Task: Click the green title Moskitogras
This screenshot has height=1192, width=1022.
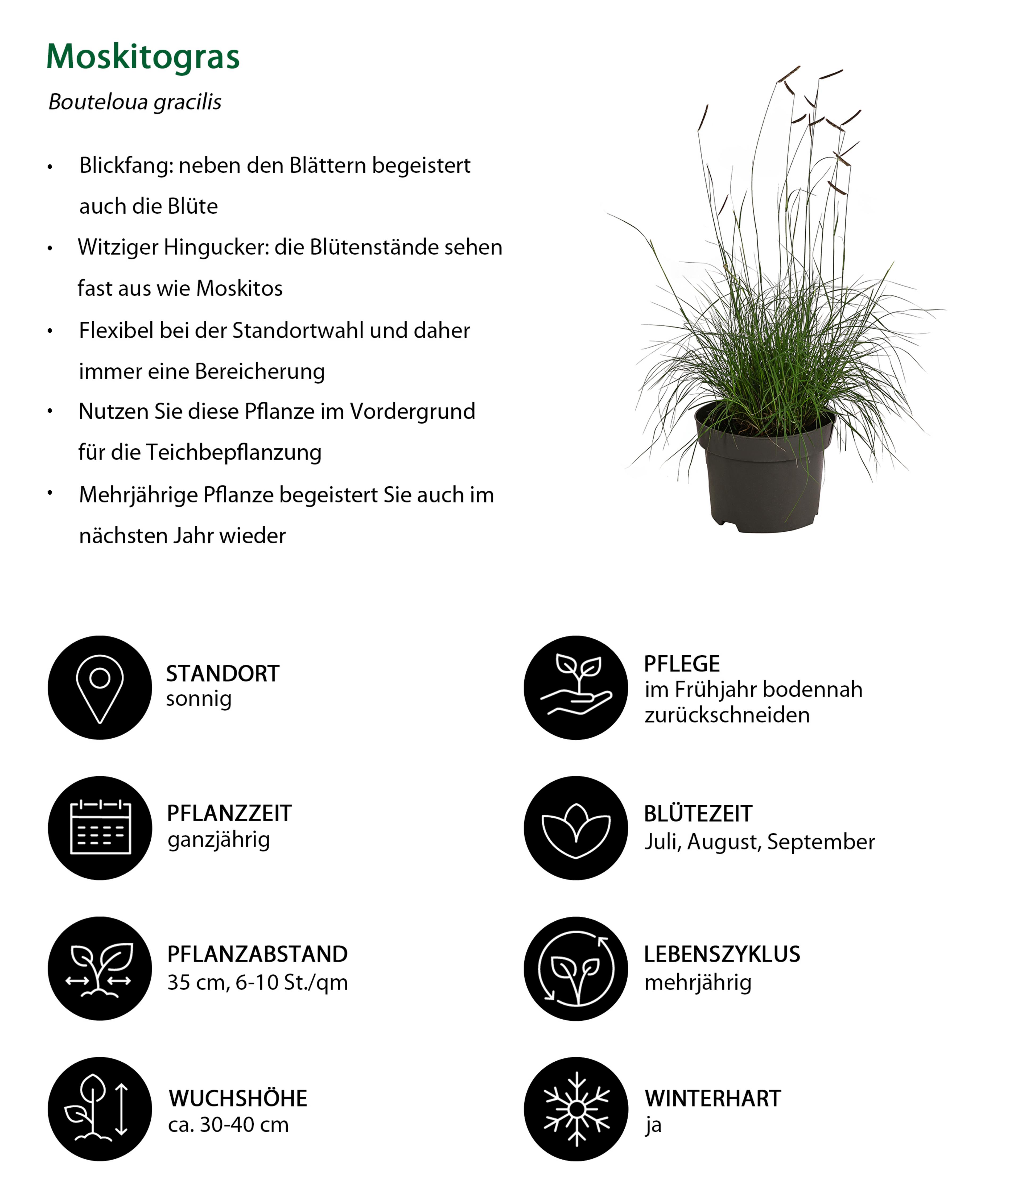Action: point(143,57)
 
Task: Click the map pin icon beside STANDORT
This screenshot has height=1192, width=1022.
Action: point(100,688)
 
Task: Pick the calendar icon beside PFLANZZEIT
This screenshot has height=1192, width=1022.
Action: point(100,828)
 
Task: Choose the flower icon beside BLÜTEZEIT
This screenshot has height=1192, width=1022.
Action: point(575,828)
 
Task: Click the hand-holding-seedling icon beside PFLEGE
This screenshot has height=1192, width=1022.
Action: point(575,688)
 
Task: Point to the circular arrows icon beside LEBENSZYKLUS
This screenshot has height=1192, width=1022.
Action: point(575,968)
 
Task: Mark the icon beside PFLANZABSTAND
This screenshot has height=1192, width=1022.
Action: point(100,968)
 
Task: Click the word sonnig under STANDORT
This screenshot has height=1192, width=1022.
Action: point(199,699)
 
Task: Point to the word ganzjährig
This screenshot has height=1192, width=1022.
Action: point(219,840)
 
